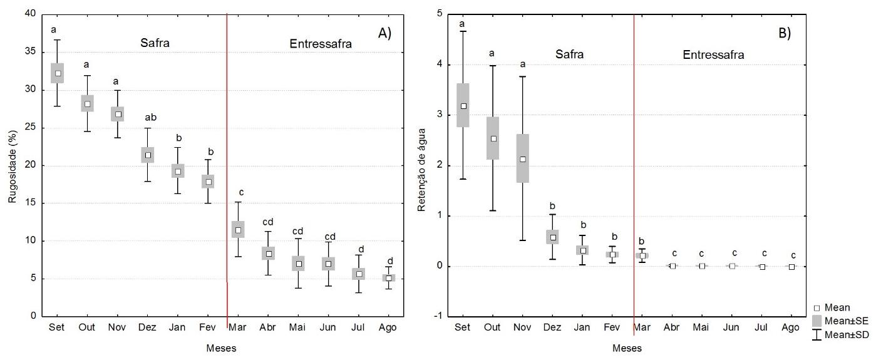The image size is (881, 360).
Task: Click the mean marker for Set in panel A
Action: click(x=58, y=73)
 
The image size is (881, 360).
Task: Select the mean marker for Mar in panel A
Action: click(x=238, y=230)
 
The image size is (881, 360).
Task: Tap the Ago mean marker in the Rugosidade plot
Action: click(x=389, y=278)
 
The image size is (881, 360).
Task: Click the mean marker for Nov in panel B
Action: click(x=523, y=159)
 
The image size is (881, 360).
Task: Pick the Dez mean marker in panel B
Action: click(x=553, y=237)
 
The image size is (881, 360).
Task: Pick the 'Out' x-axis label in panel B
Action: click(x=493, y=327)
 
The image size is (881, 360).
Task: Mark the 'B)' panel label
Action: click(x=785, y=34)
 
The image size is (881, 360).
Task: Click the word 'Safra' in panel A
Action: click(x=154, y=43)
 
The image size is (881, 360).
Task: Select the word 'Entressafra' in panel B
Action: click(x=713, y=54)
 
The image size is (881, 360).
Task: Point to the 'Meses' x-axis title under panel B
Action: click(x=626, y=347)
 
